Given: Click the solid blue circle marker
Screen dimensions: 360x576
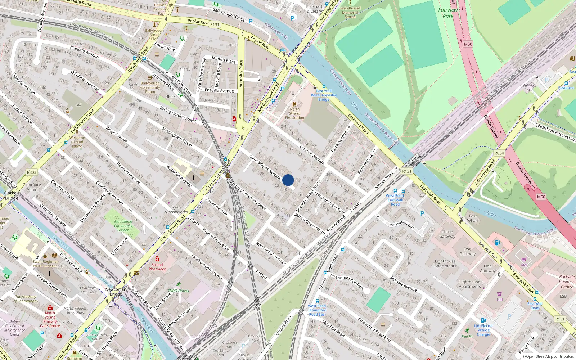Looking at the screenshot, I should tap(288, 180).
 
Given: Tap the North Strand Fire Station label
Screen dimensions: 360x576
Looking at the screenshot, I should tap(294, 113).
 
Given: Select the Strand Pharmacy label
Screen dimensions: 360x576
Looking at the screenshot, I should tap(157, 267).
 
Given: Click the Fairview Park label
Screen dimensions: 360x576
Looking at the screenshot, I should tap(448, 13).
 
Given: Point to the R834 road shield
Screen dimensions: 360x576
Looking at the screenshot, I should tap(499, 153).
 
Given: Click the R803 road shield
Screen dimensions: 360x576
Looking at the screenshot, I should tap(32, 172).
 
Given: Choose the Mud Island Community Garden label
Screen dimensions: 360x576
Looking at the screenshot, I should tap(123, 226).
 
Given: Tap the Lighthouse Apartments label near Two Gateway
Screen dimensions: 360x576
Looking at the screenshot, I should tap(445, 264).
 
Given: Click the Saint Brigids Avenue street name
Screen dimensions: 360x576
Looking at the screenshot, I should tap(265, 167).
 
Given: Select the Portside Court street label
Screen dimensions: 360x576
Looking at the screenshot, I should tap(402, 225).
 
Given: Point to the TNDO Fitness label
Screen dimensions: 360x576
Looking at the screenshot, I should tap(178, 291).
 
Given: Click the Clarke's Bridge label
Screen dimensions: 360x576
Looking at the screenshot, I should tap(12, 195).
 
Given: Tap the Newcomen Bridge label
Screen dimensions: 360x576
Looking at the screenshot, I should tap(116, 292).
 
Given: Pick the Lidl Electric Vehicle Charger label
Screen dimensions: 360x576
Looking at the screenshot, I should tap(483, 330).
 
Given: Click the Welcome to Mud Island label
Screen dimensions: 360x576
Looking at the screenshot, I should tap(77, 142).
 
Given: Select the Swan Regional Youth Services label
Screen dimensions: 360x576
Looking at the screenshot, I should tap(45, 264).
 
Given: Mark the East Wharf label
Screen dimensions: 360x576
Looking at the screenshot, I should tap(473, 218).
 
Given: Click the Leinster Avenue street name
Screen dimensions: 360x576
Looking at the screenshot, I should tap(312, 154).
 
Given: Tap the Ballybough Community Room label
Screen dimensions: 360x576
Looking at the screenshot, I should tap(150, 87).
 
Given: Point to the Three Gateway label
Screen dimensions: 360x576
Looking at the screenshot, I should tap(447, 234).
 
